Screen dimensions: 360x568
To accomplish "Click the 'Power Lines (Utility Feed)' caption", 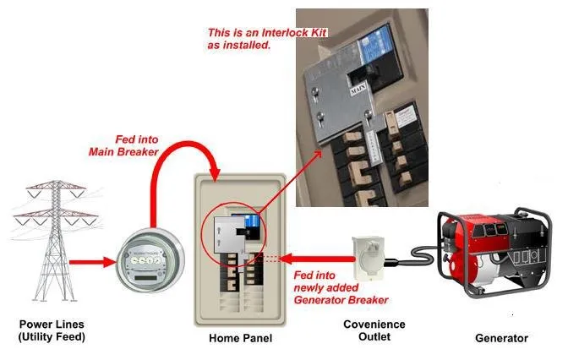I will pyautogui.click(x=52, y=331).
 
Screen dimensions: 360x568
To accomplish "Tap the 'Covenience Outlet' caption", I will pyautogui.click(x=374, y=331).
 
